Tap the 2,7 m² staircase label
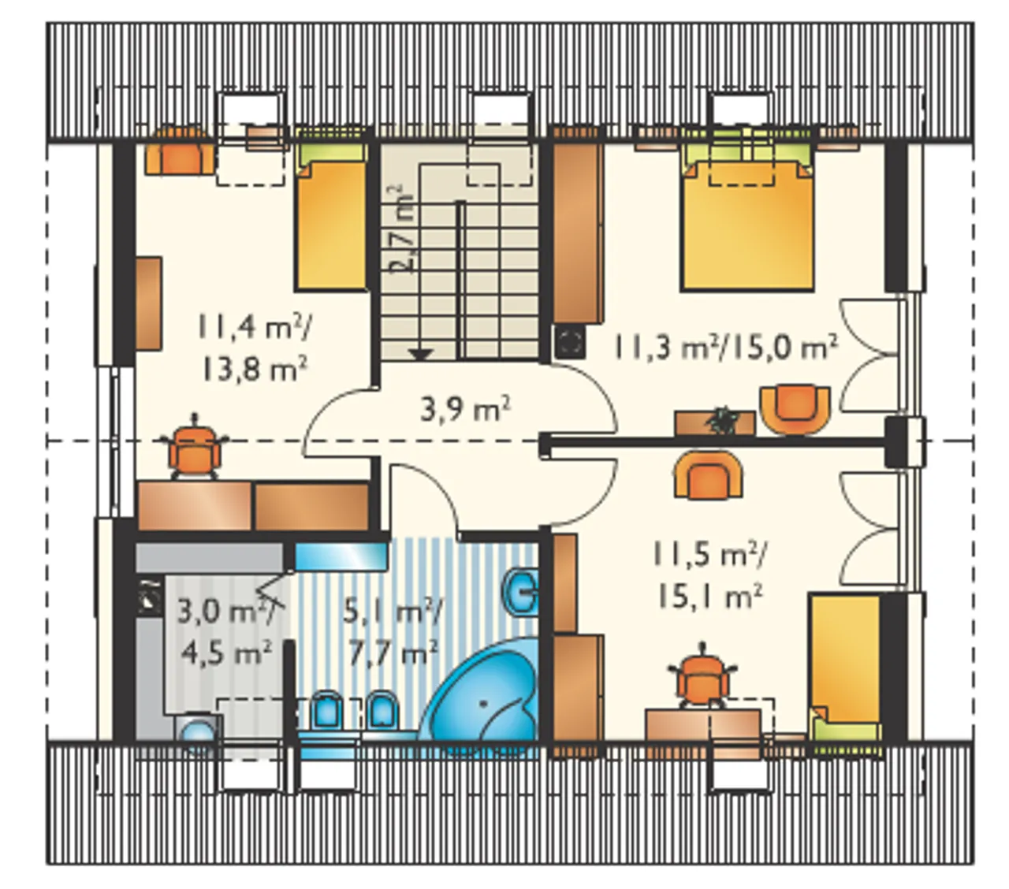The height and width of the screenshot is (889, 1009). (402, 229)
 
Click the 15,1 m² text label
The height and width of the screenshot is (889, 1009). (709, 595)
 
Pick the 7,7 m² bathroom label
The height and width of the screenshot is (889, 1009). (393, 653)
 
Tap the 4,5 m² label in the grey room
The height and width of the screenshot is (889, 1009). (226, 653)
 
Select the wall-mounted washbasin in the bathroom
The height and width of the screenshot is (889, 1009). (521, 593)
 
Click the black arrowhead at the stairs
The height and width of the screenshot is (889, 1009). (421, 354)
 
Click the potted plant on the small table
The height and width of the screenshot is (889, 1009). (722, 422)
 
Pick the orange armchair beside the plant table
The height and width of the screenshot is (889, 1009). (795, 409)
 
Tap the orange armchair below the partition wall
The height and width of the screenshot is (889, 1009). (708, 474)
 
